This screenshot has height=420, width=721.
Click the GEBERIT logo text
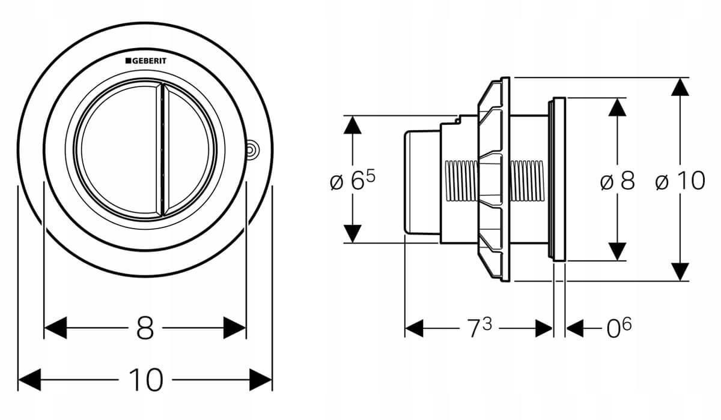[146, 61]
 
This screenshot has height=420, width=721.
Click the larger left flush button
[119, 150]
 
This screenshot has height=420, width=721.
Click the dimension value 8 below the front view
[145, 328]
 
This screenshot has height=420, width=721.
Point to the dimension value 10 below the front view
[146, 380]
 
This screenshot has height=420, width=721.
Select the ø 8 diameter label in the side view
[618, 181]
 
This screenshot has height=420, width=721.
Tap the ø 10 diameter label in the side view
[680, 181]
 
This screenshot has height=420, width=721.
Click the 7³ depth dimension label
[479, 328]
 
